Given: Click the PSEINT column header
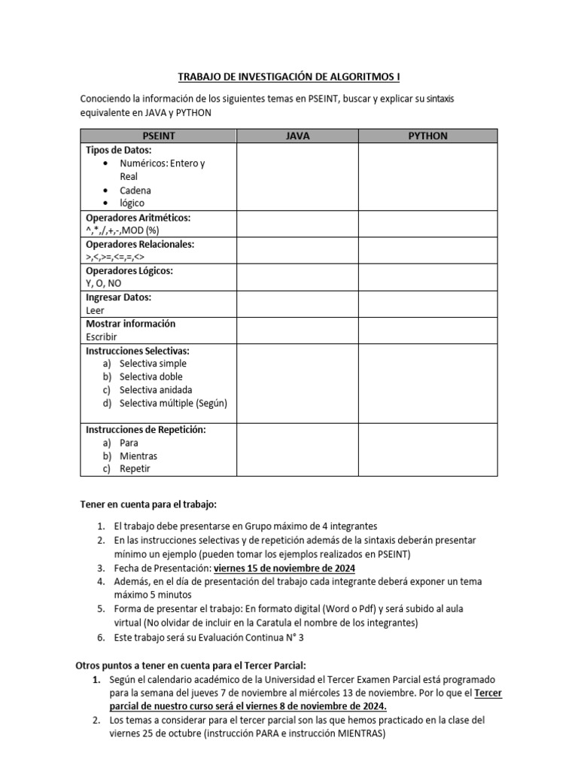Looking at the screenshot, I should pyautogui.click(x=159, y=136).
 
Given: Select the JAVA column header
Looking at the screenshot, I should pyautogui.click(x=297, y=136).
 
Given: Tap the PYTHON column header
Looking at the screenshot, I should pyautogui.click(x=427, y=136).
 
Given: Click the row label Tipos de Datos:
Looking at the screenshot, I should pyautogui.click(x=119, y=150).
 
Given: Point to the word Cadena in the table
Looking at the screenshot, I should pyautogui.click(x=135, y=190).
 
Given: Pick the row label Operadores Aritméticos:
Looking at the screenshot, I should pyautogui.click(x=138, y=218).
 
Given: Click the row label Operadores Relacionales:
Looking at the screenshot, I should pyautogui.click(x=140, y=244).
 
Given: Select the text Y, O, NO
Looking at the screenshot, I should pyautogui.click(x=104, y=283).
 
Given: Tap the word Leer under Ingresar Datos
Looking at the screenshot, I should pyautogui.click(x=96, y=310).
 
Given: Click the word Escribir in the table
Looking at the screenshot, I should pyautogui.click(x=102, y=337).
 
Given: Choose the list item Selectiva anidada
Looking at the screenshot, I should pyautogui.click(x=156, y=390).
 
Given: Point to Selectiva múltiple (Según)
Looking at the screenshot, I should pyautogui.click(x=173, y=403).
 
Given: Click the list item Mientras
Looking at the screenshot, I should pyautogui.click(x=138, y=456).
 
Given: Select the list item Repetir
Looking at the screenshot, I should pyautogui.click(x=135, y=469).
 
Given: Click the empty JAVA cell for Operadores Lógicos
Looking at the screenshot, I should pyautogui.click(x=297, y=277).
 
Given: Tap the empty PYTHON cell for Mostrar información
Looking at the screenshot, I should pyautogui.click(x=427, y=331).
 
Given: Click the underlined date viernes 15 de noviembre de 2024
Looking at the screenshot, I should pyautogui.click(x=284, y=568).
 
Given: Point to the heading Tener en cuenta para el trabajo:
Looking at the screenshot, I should pyautogui.click(x=148, y=504).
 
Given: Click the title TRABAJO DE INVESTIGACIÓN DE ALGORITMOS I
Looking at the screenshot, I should pyautogui.click(x=289, y=77).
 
